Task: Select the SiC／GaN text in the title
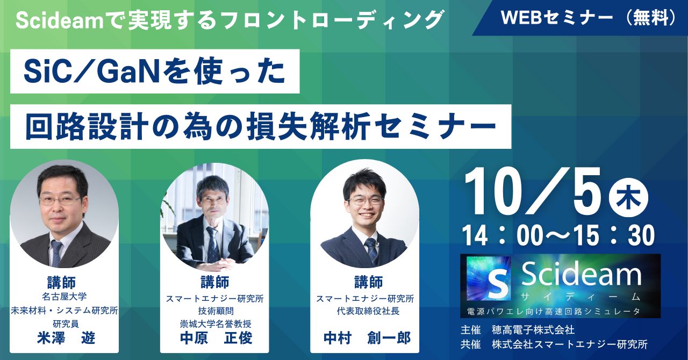coord(91,72)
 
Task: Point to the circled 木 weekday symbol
coord(628,198)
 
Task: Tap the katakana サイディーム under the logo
coord(581,297)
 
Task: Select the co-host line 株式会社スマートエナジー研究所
coord(570,344)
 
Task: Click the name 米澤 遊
coord(66,338)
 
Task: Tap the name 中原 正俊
coord(216,338)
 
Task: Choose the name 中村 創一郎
coord(367,338)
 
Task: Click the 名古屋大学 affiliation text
coord(64,297)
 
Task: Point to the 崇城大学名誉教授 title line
coord(216,324)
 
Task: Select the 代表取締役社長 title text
coord(368,311)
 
